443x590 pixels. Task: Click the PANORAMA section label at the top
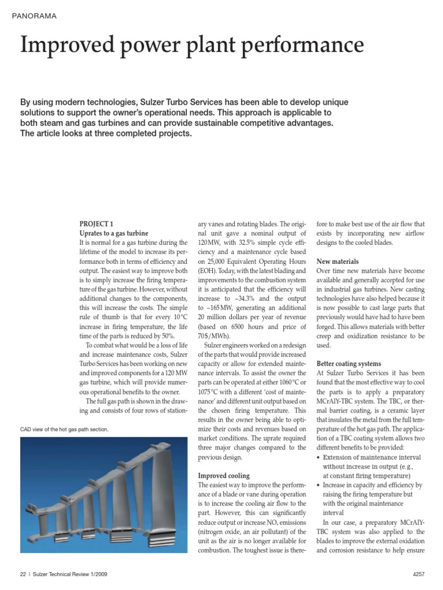(x=34, y=16)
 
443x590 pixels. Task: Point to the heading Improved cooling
(x=224, y=476)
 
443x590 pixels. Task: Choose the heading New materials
(x=337, y=261)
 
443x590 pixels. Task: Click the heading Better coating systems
(x=348, y=364)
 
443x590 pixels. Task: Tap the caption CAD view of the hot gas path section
(x=64, y=430)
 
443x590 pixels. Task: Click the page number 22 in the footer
(x=23, y=574)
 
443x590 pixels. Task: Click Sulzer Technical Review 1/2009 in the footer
(x=69, y=574)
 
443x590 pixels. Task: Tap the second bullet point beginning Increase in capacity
(x=371, y=486)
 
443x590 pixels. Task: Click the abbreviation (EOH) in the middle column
(x=209, y=270)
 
